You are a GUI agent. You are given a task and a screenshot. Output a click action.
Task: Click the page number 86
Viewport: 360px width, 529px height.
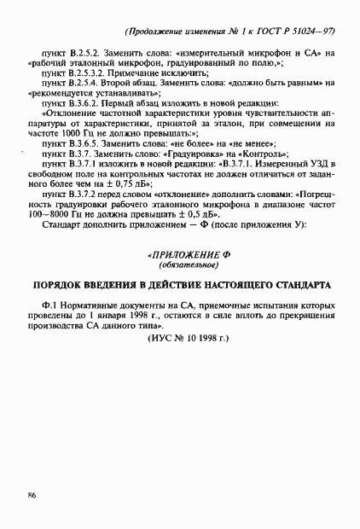coord(32,494)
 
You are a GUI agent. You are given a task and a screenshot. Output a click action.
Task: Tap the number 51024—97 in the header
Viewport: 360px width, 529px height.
coord(311,32)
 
